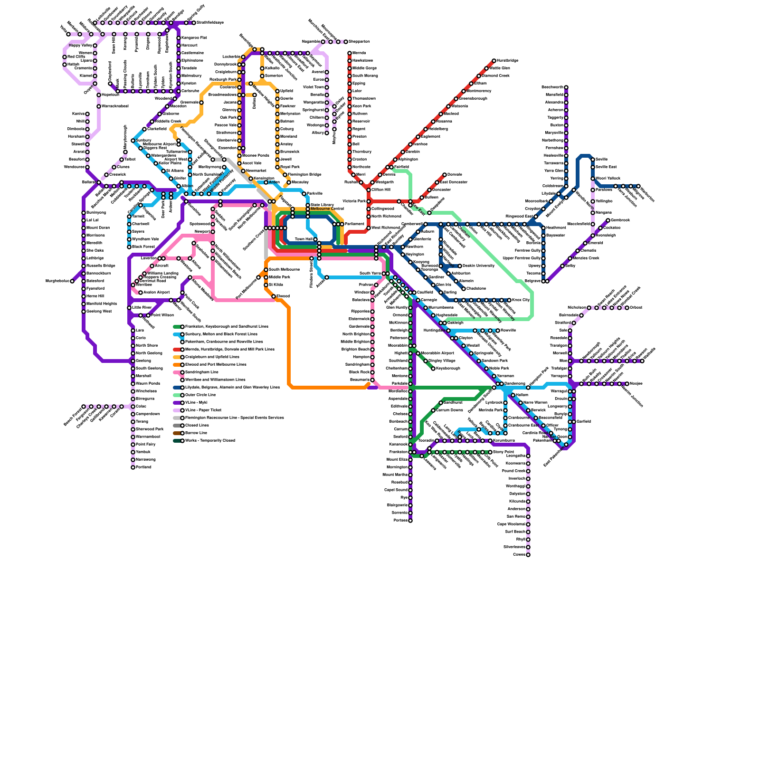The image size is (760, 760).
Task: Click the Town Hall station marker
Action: (x=315, y=239)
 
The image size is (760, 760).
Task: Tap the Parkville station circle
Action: (x=304, y=194)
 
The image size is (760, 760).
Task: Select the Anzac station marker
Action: (x=327, y=277)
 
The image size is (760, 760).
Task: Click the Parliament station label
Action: (x=354, y=224)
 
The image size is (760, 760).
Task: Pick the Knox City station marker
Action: (x=509, y=300)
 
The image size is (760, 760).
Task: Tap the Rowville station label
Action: (x=508, y=330)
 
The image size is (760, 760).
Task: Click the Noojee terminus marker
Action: (x=627, y=384)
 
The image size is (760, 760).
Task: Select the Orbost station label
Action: (x=636, y=308)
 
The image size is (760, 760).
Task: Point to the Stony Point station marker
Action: (x=490, y=452)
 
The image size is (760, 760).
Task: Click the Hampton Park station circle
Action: (x=528, y=388)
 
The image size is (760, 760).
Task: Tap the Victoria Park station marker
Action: (x=369, y=201)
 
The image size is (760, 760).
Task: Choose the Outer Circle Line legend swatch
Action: (x=177, y=395)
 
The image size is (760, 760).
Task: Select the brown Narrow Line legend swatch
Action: (x=177, y=433)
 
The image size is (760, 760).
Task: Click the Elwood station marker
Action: (x=274, y=296)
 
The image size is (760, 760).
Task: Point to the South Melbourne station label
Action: (x=284, y=270)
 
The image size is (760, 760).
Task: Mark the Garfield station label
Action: (x=584, y=422)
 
